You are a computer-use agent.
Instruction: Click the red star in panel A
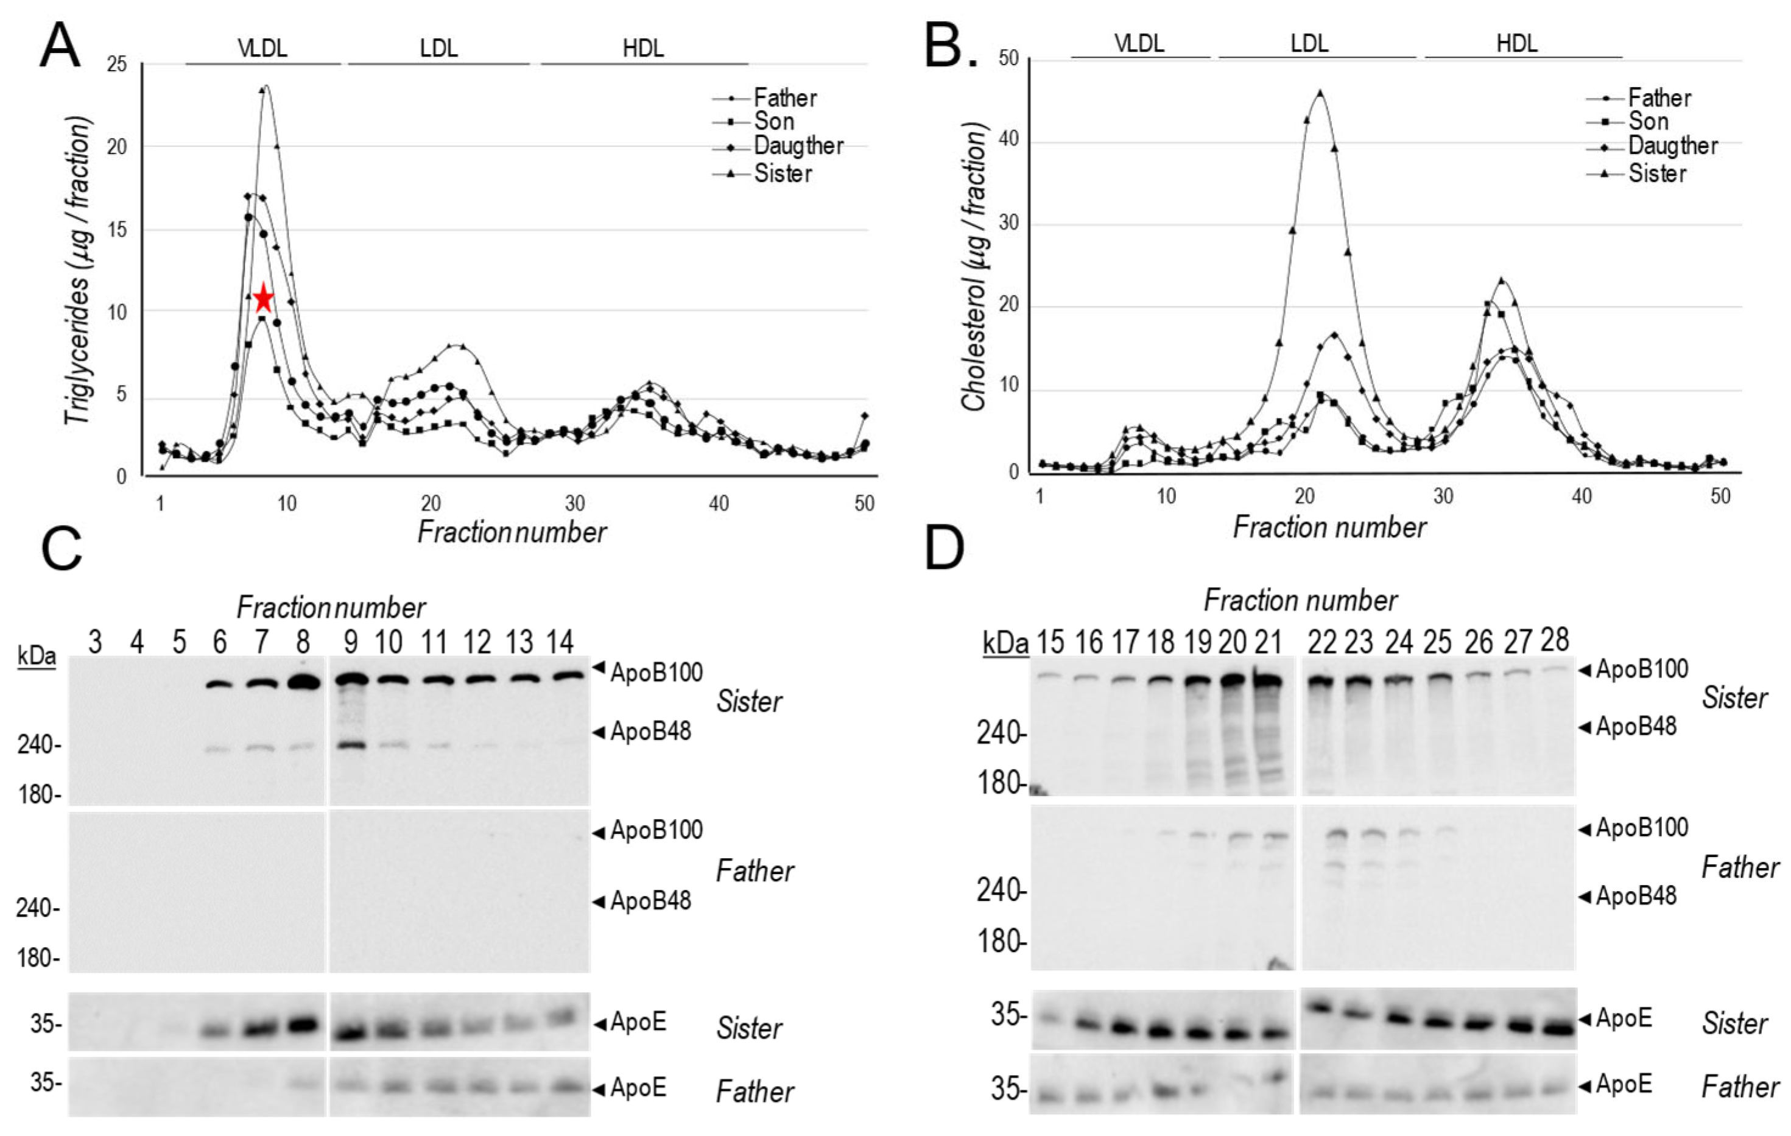(263, 299)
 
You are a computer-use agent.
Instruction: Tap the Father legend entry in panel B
(1659, 98)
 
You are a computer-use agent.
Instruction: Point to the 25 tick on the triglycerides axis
(117, 65)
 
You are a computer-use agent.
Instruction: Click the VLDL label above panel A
(262, 48)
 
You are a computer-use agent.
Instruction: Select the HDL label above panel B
(1516, 43)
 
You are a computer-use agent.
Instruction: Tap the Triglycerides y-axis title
(80, 272)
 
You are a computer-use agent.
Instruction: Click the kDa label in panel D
(1005, 643)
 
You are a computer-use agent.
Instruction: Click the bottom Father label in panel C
(754, 1092)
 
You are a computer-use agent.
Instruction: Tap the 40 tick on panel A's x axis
(719, 504)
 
